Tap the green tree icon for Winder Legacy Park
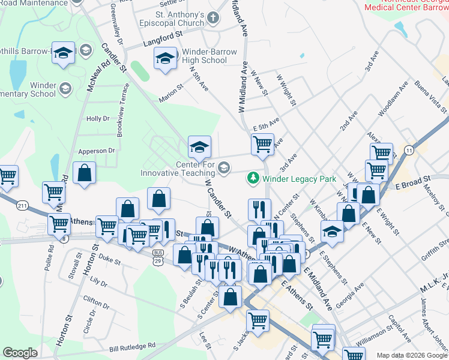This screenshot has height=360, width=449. point(253,178)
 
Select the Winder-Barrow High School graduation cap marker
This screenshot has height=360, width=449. point(165,58)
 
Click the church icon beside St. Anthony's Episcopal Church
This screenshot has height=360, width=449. point(214,19)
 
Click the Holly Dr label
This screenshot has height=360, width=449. point(98,119)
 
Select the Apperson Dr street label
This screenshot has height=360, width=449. point(95,151)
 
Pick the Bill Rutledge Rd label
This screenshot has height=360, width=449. point(132,346)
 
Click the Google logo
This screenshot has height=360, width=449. point(20,353)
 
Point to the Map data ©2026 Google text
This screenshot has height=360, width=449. point(411,355)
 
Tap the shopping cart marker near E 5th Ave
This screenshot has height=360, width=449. point(262,143)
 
